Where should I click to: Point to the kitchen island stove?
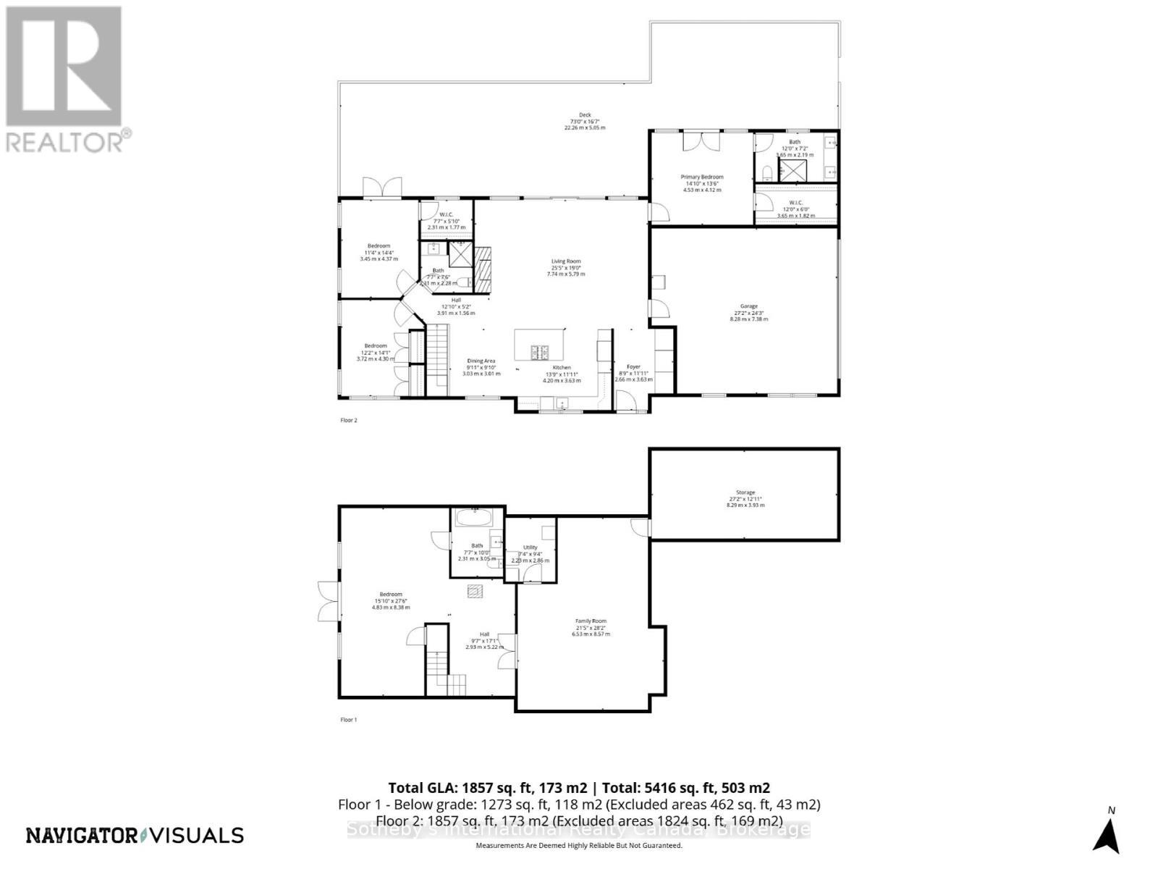tap(540, 353)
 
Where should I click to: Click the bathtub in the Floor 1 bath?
tap(474, 519)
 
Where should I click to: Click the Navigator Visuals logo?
tap(135, 835)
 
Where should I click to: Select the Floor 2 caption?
tap(349, 420)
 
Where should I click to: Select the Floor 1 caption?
tap(349, 720)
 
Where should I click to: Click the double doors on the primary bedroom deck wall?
tap(701, 140)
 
